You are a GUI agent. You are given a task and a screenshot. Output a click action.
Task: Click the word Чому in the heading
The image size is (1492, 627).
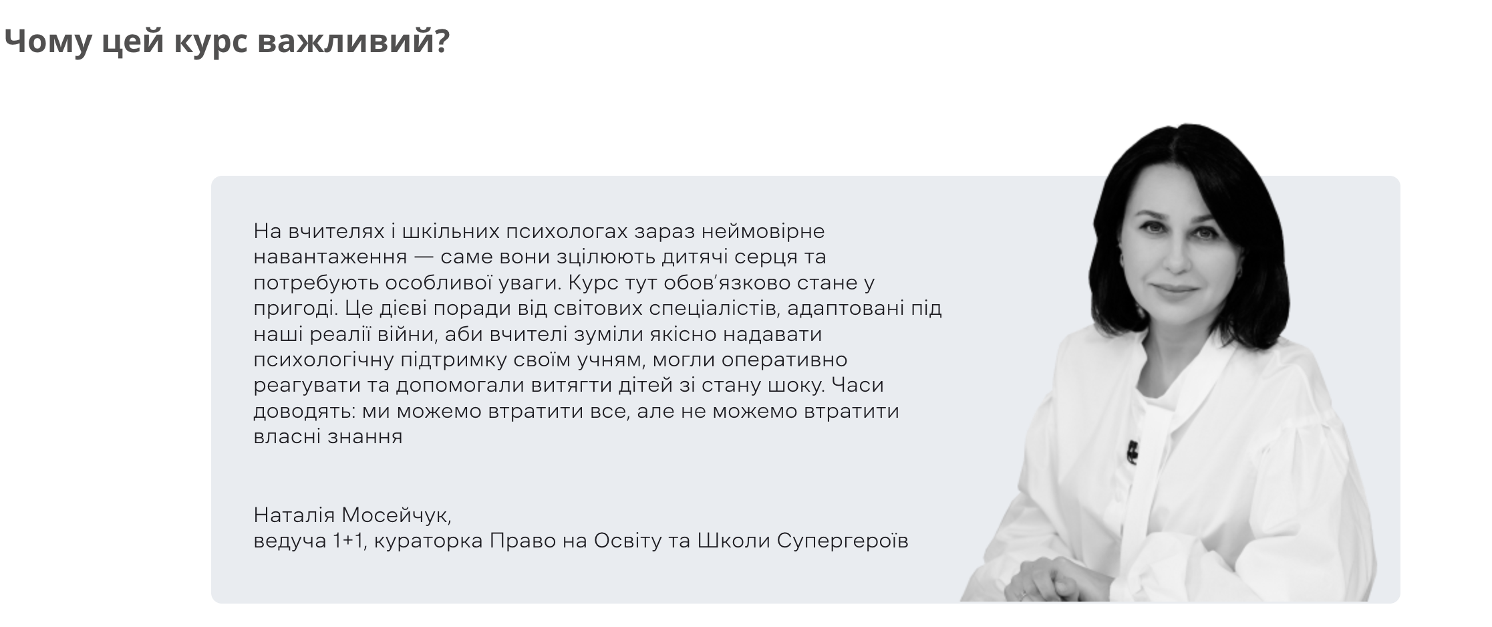coord(47,41)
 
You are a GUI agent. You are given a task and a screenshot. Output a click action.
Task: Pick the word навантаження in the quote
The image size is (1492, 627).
coord(330,257)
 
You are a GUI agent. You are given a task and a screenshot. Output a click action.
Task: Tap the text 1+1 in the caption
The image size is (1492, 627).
coord(348,541)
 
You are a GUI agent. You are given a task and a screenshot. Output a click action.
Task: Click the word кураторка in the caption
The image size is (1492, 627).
coord(428,541)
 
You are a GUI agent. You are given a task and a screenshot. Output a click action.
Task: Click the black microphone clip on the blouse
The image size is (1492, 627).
coord(1132,451)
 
